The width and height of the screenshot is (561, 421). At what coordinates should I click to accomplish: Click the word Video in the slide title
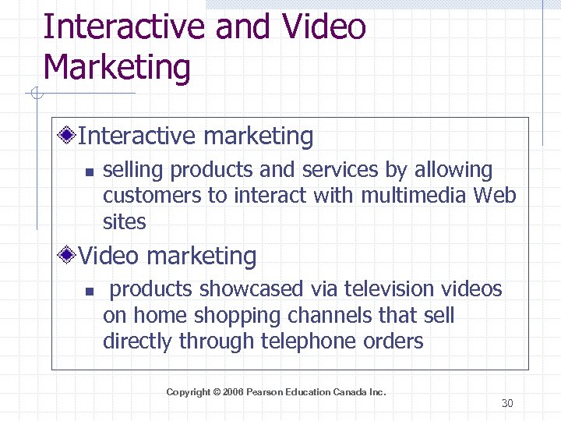click(324, 27)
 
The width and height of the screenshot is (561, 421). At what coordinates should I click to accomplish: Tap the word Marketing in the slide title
click(117, 67)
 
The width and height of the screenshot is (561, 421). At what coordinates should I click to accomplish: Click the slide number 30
click(507, 403)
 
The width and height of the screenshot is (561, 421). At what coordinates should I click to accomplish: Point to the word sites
click(125, 222)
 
